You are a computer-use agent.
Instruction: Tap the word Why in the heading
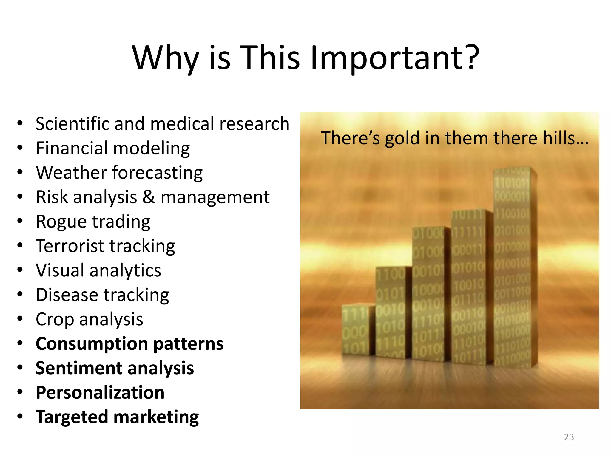(166, 58)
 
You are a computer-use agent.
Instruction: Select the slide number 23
(569, 437)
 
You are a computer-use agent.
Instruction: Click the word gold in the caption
(402, 139)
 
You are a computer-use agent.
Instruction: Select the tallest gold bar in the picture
(513, 268)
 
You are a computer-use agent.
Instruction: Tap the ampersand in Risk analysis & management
(149, 197)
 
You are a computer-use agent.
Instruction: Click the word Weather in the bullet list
(71, 173)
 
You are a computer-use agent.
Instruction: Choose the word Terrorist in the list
(70, 246)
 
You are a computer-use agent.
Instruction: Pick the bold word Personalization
(100, 393)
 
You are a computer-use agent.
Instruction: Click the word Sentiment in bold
(78, 368)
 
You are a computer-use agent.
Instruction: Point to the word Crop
(55, 320)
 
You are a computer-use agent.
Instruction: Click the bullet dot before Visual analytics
(20, 270)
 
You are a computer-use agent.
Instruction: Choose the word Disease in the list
(67, 295)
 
